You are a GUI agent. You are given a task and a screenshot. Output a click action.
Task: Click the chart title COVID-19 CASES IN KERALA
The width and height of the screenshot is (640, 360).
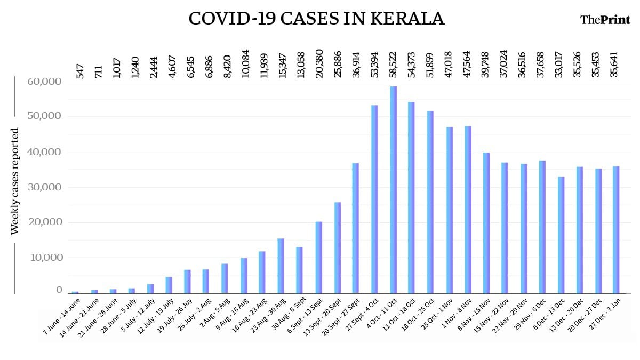(316, 19)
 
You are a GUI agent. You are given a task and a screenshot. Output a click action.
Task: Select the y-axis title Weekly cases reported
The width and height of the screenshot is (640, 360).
(15, 181)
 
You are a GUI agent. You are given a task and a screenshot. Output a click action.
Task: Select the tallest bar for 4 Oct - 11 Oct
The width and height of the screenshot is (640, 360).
(393, 189)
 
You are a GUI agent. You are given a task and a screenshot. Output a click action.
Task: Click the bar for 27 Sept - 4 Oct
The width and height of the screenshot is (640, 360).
(374, 199)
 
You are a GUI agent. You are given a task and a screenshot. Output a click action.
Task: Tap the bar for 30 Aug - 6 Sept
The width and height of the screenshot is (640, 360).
(300, 270)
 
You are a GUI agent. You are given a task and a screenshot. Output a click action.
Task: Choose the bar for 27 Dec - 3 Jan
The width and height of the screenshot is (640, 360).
(616, 230)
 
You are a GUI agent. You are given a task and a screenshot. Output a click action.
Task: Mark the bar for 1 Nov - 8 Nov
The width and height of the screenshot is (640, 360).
(468, 210)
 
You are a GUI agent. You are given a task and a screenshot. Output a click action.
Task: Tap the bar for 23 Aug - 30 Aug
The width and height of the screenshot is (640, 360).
(281, 266)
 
